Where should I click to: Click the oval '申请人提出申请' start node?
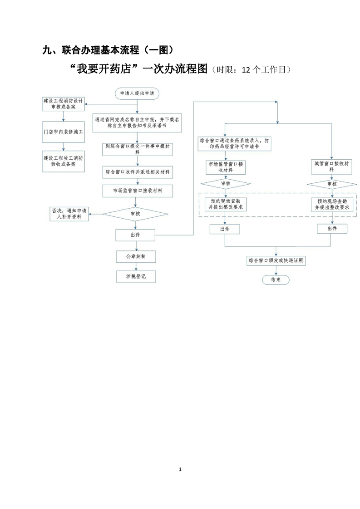pyautogui.click(x=137, y=94)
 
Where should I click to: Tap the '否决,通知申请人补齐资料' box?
pyautogui.click(x=69, y=213)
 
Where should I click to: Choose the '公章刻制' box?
pyautogui.click(x=135, y=257)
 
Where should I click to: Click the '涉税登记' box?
pyautogui.click(x=135, y=276)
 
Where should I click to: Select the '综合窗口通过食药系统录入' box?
pyautogui.click(x=235, y=144)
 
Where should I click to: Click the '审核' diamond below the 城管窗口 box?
pyautogui.click(x=332, y=184)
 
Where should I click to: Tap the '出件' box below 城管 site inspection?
pyautogui.click(x=332, y=229)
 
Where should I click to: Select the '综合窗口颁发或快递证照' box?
pyautogui.click(x=276, y=261)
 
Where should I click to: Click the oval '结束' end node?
pyautogui.click(x=276, y=280)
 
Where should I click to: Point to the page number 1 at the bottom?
pyautogui.click(x=180, y=469)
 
